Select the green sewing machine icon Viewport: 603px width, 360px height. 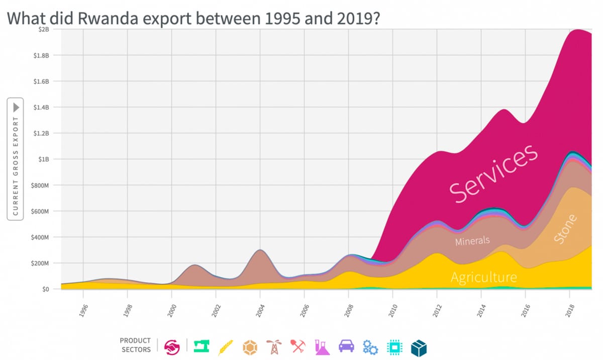[x=201, y=345]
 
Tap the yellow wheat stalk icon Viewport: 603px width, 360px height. [x=226, y=346]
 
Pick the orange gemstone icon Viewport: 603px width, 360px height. [x=250, y=346]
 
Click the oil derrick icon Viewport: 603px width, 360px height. [x=274, y=346]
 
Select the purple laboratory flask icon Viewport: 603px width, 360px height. [x=322, y=346]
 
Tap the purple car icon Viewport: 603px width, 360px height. [x=346, y=345]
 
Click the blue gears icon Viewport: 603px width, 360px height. [x=370, y=346]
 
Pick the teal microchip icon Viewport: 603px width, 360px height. [x=394, y=346]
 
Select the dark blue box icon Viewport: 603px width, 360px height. [x=419, y=346]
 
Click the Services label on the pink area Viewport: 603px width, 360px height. [x=493, y=173]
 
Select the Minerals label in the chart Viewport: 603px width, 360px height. [x=472, y=241]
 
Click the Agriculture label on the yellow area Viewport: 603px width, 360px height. [x=483, y=277]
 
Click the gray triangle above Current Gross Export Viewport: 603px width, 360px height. [x=16, y=107]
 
